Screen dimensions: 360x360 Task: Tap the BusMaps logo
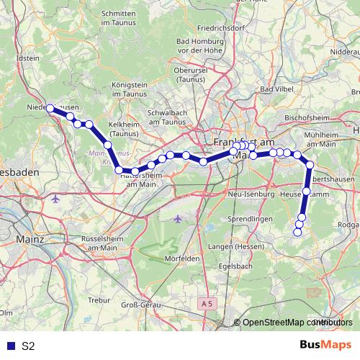[x=325, y=345]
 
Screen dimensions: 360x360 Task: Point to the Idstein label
[x=27, y=58]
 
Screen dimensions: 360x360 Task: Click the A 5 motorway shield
[x=207, y=304]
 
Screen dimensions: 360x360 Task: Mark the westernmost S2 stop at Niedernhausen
[x=50, y=109]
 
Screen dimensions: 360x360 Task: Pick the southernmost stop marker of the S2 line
[x=298, y=232]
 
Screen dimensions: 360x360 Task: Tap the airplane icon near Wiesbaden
[x=57, y=197]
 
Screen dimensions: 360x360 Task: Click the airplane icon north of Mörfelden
[x=179, y=218]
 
